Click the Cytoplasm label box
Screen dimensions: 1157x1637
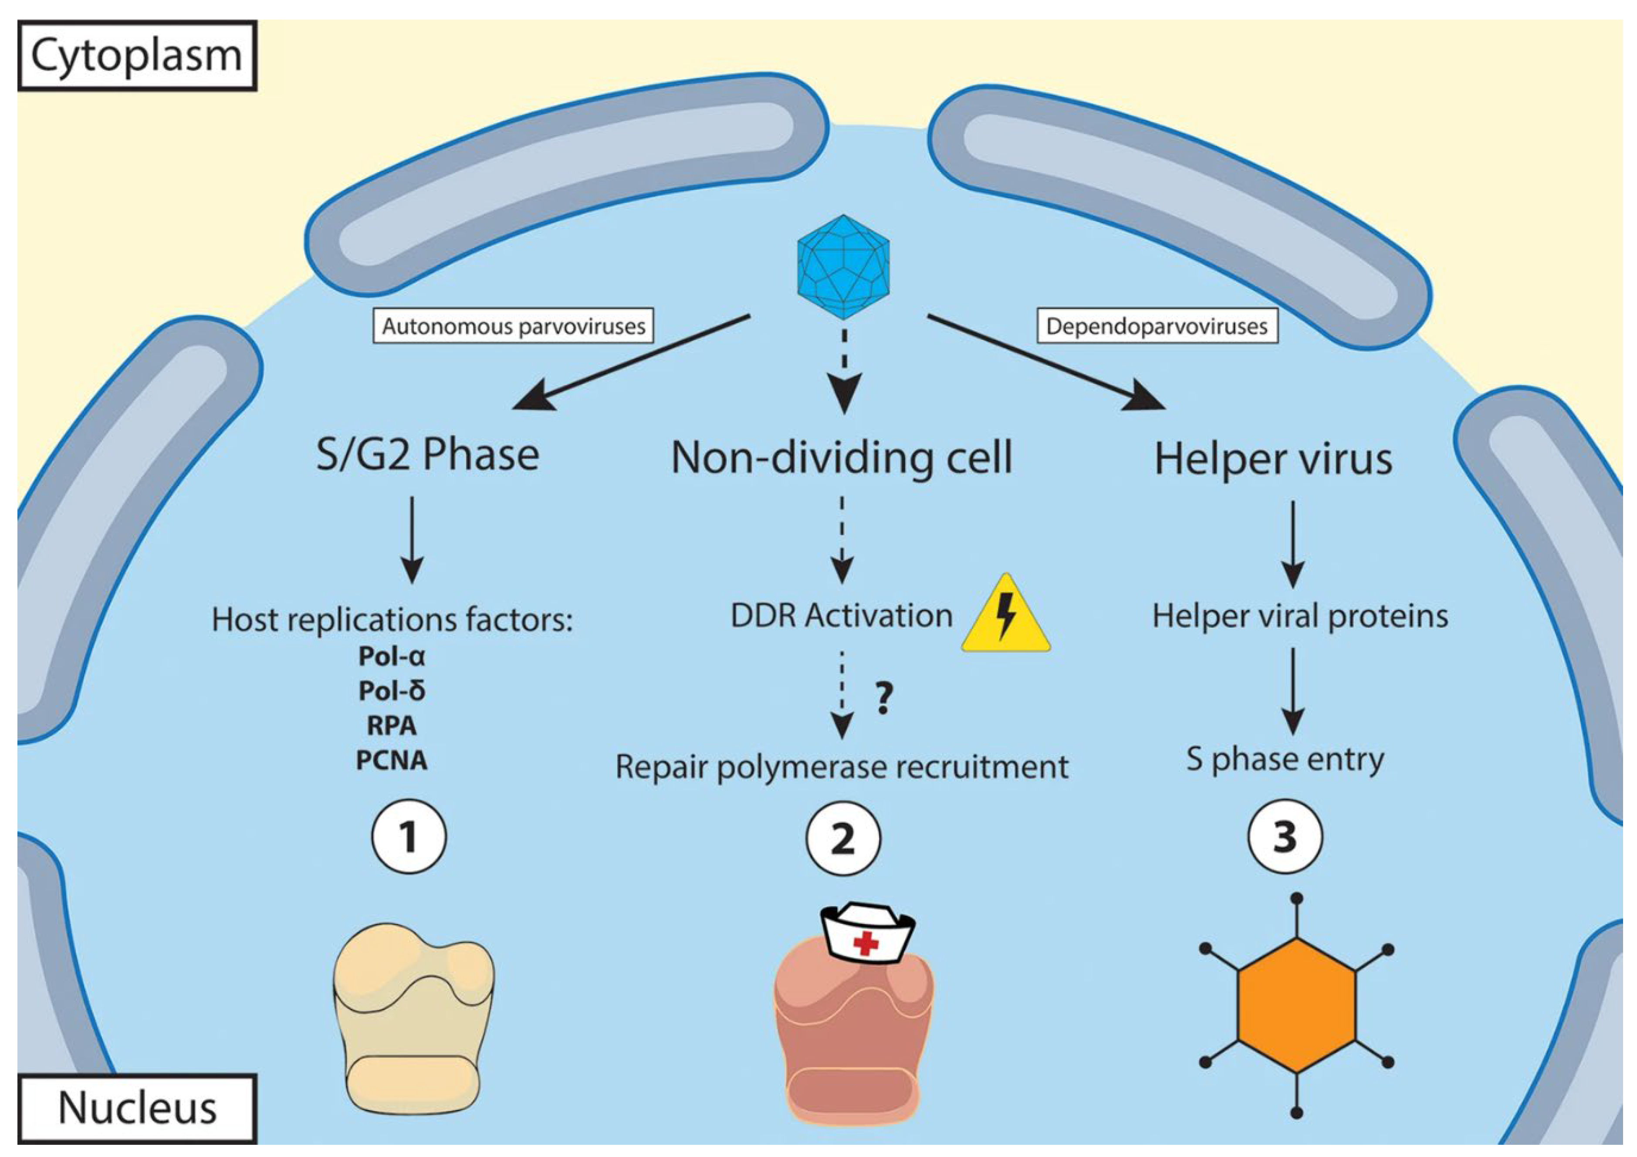point(137,56)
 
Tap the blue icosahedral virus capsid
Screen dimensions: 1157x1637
point(843,267)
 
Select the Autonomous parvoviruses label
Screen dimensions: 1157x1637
point(513,327)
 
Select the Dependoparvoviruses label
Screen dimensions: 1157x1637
point(1157,327)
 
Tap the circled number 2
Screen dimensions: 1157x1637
point(843,838)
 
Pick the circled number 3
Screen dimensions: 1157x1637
point(1285,837)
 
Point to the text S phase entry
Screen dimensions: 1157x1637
point(1285,760)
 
